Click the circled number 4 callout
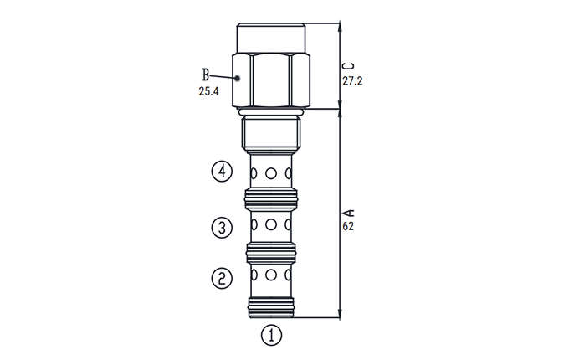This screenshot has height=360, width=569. tap(222, 171)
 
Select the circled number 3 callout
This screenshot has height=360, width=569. tap(222, 228)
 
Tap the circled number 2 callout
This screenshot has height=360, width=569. tap(222, 278)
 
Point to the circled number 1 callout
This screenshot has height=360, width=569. tap(271, 335)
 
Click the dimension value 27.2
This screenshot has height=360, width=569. tap(352, 80)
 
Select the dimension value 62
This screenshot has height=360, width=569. tap(348, 226)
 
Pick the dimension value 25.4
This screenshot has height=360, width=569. tap(208, 91)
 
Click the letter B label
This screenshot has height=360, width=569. tap(206, 75)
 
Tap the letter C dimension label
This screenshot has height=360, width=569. tap(349, 66)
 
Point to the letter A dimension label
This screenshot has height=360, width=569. tap(349, 213)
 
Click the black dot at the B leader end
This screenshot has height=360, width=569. tap(238, 78)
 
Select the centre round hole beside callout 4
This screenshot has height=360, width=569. tap(271, 173)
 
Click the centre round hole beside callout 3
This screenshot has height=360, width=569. tap(271, 224)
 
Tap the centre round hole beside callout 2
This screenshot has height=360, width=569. tap(271, 275)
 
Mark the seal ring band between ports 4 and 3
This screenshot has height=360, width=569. tap(271, 199)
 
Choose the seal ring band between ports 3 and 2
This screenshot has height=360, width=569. tap(271, 253)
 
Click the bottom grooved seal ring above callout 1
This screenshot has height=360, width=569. tap(271, 307)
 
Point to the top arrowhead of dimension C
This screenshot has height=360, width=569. tap(340, 28)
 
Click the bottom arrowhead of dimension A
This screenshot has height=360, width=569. tap(340, 314)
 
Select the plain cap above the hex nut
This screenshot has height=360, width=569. tap(271, 39)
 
